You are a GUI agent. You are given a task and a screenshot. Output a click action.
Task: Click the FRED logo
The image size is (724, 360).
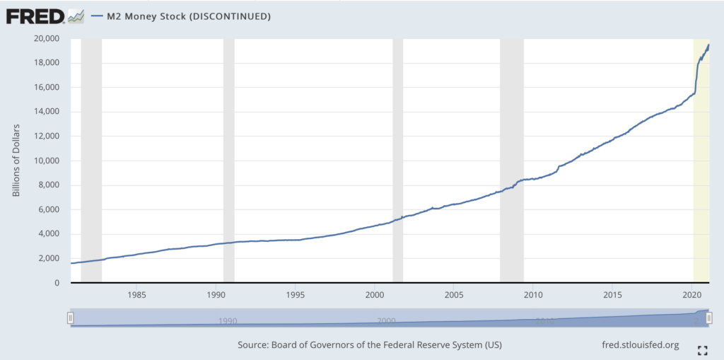pos(45,16)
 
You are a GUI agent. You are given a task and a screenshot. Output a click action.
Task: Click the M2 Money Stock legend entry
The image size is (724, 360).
pos(184,16)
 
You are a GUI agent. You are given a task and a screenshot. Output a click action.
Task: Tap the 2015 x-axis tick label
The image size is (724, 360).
pos(612,294)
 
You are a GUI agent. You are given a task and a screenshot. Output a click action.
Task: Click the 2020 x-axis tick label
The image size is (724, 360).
pos(691,294)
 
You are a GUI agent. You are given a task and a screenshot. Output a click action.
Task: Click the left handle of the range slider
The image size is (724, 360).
pos(70,318)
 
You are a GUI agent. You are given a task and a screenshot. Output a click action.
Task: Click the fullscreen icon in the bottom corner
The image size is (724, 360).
pos(702,350)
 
